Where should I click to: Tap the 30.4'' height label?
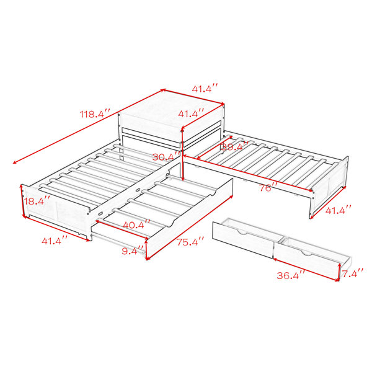pos(166,157)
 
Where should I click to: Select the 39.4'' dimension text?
pos(234,146)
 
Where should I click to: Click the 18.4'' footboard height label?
pos(37,201)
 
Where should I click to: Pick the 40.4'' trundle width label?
pos(136,224)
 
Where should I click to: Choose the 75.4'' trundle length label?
pos(190,242)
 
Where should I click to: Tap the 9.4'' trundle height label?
pos(133,250)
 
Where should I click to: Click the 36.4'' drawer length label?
pos(291,275)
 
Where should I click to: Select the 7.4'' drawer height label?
pos(353,273)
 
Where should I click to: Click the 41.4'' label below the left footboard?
pos(55,241)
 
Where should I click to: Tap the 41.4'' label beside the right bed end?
pos(338,210)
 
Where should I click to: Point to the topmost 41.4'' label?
pos(205,89)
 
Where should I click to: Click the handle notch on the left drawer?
pos(242,232)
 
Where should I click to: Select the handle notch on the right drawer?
pos(307,253)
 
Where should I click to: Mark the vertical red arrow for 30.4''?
pos(182,155)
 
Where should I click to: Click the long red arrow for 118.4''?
pos(89,126)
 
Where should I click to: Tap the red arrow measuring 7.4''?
pos(340,272)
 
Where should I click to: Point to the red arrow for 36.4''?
pos(306,270)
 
